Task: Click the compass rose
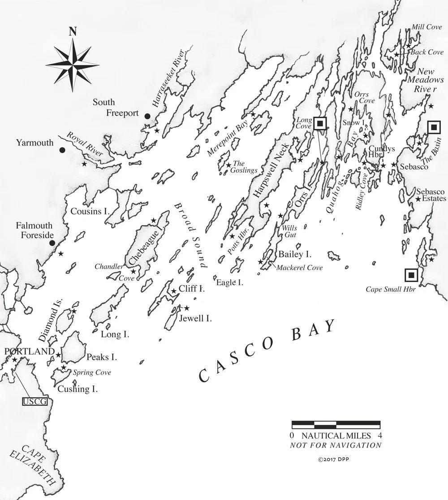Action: coord(72,61)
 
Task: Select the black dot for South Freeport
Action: coord(147,116)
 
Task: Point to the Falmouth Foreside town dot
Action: coord(52,243)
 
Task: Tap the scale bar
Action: coord(336,425)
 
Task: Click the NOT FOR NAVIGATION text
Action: coord(336,445)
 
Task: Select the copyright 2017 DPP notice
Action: coord(336,459)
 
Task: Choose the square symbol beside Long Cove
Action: coord(319,124)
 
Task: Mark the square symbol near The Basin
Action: coord(433,128)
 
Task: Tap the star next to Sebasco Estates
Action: coord(418,199)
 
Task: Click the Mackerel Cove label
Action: coord(299,268)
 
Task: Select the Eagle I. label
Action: coord(229,282)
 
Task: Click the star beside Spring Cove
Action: coord(64,368)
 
